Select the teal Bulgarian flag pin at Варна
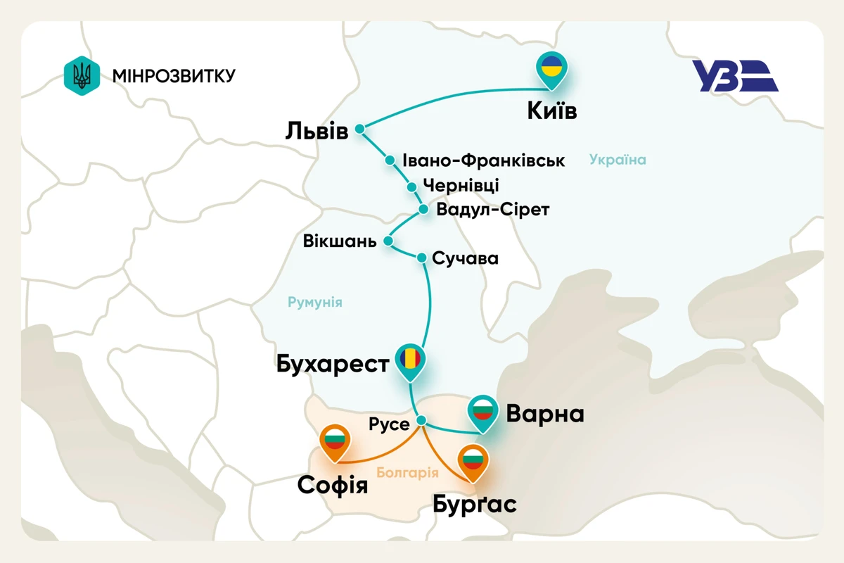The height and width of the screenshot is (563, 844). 482,411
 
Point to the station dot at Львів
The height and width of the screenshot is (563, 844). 360,129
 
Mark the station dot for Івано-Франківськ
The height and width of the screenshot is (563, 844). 390,160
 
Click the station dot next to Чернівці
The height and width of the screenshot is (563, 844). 412,186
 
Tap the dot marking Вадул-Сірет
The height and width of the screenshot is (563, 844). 423,210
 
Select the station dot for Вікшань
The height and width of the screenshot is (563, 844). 389,241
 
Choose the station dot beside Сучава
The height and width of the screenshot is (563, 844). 422,258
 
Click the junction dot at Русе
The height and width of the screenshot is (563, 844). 421,421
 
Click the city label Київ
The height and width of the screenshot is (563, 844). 552,111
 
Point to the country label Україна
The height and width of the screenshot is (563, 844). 618,160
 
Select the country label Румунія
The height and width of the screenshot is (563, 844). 314,303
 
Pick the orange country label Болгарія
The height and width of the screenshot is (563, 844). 408,473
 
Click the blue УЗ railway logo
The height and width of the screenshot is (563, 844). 735,76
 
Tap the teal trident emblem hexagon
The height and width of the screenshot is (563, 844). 82,75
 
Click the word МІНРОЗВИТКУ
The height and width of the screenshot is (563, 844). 173,75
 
